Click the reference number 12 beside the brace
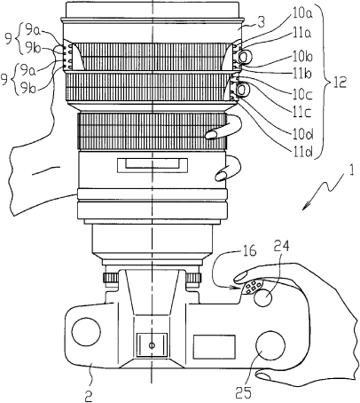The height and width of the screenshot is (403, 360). (340, 83)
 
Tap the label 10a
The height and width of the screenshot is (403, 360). (302, 12)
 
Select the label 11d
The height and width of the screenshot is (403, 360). (302, 152)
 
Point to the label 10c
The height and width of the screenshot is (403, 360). (302, 94)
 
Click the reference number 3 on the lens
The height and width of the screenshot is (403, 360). (261, 22)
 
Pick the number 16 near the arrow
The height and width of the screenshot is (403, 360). (249, 251)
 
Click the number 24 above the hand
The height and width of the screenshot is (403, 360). (281, 247)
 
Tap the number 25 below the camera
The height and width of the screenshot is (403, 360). (244, 393)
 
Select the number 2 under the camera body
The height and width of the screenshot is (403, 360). (89, 396)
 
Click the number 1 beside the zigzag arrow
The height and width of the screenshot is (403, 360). (351, 171)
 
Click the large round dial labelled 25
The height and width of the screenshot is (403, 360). (270, 345)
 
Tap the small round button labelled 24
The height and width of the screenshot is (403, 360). (262, 297)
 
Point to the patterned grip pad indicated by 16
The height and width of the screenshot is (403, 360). (252, 287)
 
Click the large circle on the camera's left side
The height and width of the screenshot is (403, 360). (86, 332)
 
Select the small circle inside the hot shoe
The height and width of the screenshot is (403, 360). (152, 345)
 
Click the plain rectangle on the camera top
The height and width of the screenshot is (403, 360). (215, 347)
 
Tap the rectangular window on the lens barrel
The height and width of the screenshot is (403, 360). (153, 165)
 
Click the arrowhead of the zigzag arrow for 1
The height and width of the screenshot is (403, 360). (304, 207)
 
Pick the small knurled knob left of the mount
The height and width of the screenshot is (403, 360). (111, 278)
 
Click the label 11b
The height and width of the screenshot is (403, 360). (302, 74)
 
